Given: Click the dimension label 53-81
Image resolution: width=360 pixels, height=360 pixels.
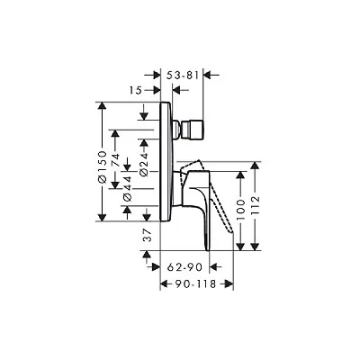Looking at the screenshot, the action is coord(183,76).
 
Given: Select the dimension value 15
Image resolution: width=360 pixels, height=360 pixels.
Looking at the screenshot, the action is coord(136,90).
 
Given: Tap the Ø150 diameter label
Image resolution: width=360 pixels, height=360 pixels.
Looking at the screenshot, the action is coord(103,167).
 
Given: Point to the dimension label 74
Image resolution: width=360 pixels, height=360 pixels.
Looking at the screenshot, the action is coord(115,160).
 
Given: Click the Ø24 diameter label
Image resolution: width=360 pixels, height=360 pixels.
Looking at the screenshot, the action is coord(144,164).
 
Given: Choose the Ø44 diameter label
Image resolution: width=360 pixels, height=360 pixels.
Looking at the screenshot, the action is coord(128,188).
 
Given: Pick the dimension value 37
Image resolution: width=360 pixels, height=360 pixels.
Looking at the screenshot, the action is coord(147,235).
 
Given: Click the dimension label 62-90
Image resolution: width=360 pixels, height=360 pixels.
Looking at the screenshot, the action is coord(184,266).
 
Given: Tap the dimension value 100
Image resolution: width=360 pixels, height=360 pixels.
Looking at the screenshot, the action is coord(241,210).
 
